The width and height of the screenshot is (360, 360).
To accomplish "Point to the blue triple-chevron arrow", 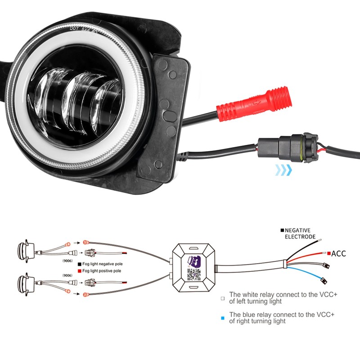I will coord(283,170).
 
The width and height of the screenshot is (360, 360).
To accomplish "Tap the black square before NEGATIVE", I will coord(282,230).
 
